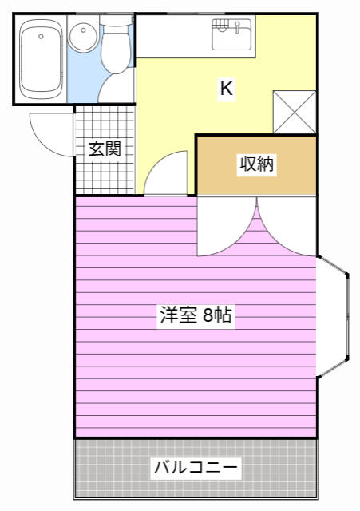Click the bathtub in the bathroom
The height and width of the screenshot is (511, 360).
41,58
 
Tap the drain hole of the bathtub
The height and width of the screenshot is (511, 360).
41,37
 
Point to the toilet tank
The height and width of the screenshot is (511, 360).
117,20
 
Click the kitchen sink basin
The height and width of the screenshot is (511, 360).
231,34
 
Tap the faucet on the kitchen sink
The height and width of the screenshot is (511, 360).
238,26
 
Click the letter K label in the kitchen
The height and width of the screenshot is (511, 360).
227,89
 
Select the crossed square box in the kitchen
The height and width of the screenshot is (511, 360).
295,112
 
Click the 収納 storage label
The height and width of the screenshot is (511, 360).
257,164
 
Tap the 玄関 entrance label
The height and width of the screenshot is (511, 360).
105,149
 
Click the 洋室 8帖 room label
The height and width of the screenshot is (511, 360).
196,315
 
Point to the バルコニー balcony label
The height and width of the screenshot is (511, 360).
196,468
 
